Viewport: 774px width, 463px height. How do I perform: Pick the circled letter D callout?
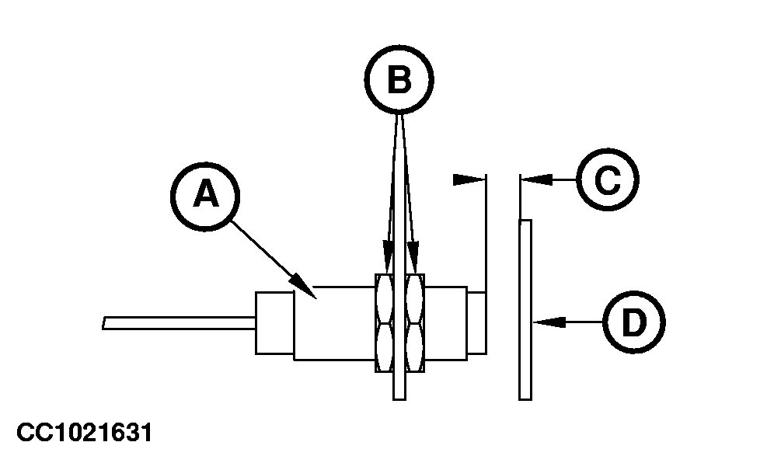pos(634,321)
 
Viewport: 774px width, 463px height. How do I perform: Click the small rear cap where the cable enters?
pos(274,322)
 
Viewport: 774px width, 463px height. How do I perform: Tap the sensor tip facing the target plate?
pos(476,322)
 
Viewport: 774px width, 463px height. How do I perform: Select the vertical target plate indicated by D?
pos(525,311)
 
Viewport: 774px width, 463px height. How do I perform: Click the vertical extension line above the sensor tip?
pos(485,233)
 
